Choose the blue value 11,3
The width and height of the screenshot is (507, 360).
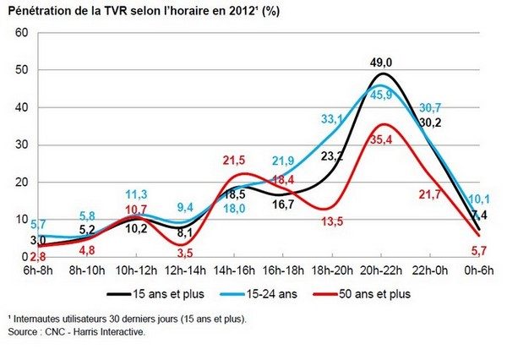pyautogui.click(x=136, y=194)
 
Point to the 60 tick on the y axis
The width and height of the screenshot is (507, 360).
pyautogui.click(x=23, y=32)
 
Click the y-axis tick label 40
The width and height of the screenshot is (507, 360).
pyautogui.click(x=23, y=107)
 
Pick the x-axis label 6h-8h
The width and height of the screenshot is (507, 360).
pyautogui.click(x=37, y=269)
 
